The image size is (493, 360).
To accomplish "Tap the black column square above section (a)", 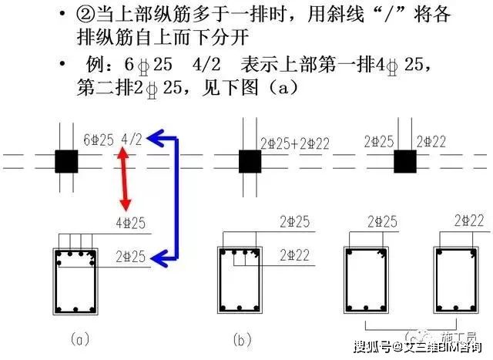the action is coord(66,162).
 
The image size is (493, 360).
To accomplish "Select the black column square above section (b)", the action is coord(249,162).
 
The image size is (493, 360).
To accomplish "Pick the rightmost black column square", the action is coord(405,162).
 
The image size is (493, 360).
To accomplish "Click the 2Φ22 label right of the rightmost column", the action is coord(432,141).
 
